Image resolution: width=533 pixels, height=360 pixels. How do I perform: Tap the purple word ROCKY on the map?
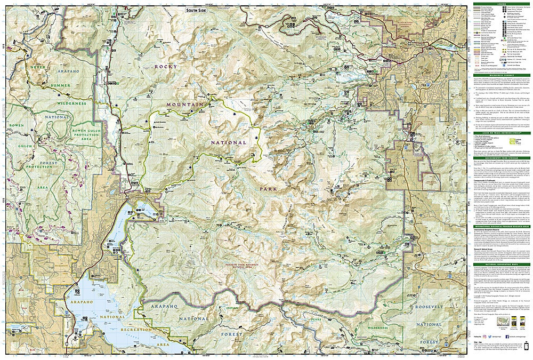(x=166, y=66)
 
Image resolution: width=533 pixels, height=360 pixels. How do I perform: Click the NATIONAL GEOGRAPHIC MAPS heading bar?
(x=501, y=265)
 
